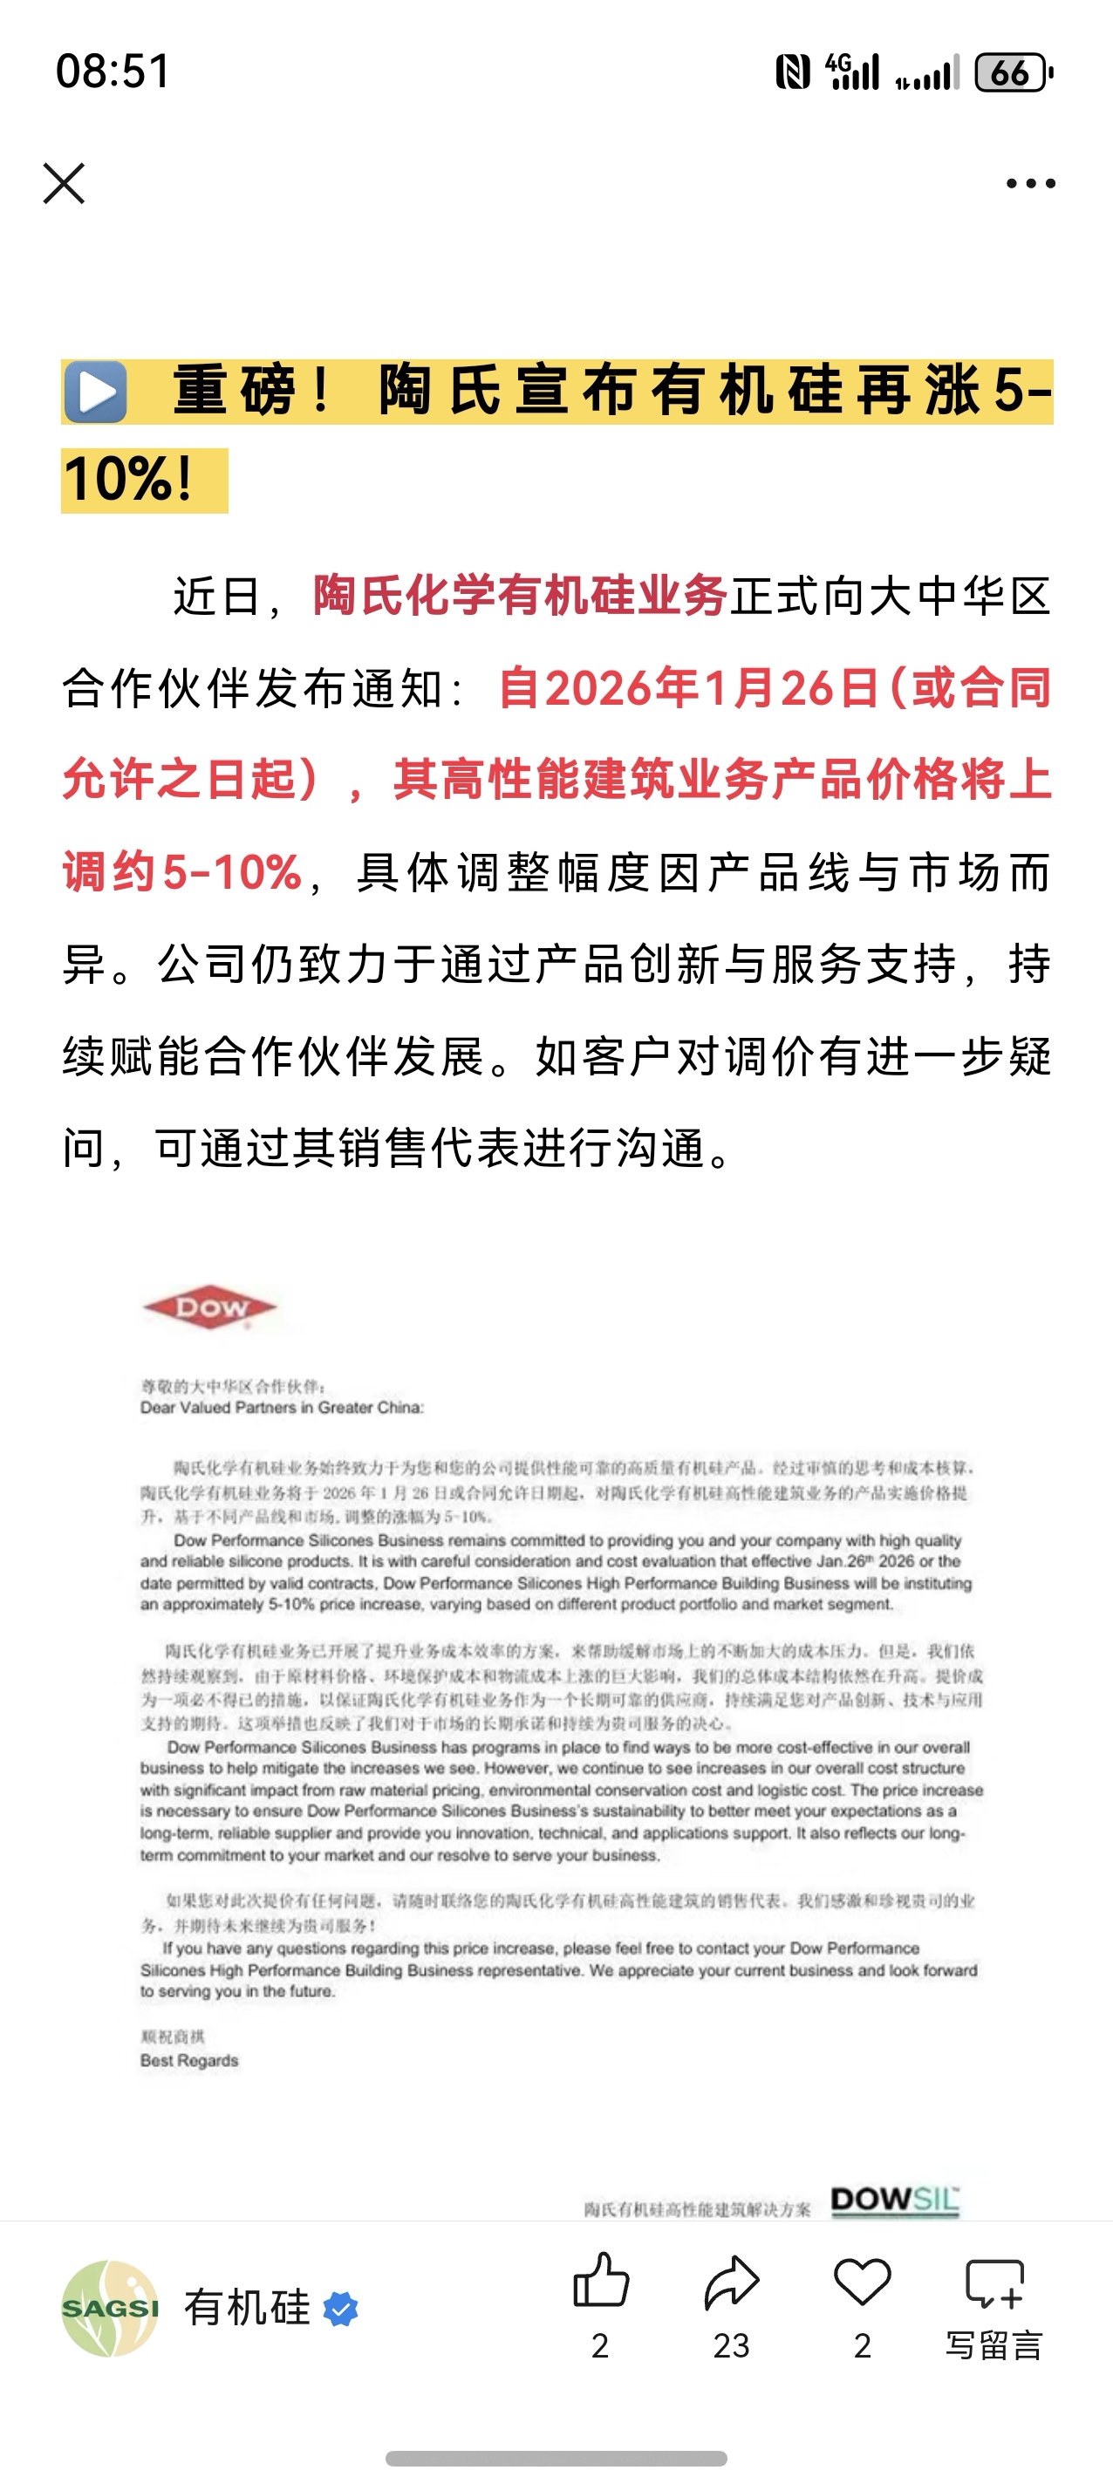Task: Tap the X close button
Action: coord(64,183)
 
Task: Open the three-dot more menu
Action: coord(1030,183)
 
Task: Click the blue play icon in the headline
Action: coord(95,392)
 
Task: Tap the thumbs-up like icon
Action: coord(601,2282)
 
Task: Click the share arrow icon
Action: coord(732,2283)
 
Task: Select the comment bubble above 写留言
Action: coord(994,2283)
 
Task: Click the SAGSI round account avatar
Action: coord(110,2309)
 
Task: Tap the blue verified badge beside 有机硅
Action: coord(339,2310)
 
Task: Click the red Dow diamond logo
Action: coord(209,1308)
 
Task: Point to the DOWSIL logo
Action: coord(895,2200)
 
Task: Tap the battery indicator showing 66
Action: coord(1013,72)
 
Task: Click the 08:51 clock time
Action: coord(113,72)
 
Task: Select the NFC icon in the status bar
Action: coord(793,72)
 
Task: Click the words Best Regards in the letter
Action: coord(189,2061)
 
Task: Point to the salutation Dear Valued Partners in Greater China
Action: coord(282,1408)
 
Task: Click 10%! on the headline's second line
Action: coord(128,479)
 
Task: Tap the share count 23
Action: coord(731,2345)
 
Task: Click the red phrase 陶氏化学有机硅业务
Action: coord(520,595)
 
